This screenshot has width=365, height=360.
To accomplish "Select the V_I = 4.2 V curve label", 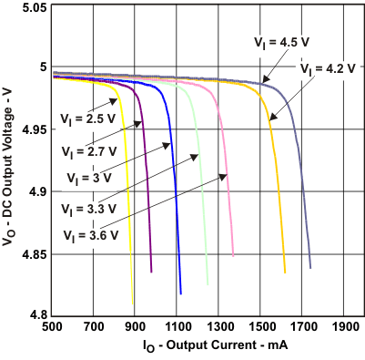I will (325, 67).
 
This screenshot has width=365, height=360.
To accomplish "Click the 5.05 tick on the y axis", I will (35, 7).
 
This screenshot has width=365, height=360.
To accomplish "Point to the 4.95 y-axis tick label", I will (35, 130).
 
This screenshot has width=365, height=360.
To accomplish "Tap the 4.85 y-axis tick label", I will (35, 254).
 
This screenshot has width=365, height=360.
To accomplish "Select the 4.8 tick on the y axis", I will (39, 315).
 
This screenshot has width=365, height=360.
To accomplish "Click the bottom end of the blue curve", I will (181, 293).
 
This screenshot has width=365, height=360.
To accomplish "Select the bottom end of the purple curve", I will (151, 271).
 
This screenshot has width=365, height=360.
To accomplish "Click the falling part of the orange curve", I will (278, 182).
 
